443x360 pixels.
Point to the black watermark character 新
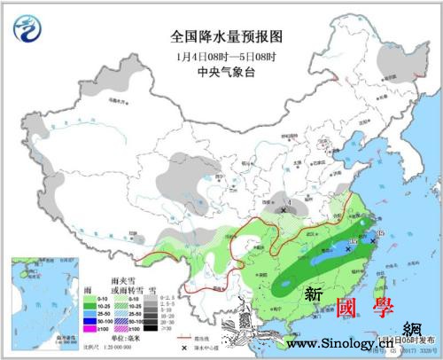click(313, 292)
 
